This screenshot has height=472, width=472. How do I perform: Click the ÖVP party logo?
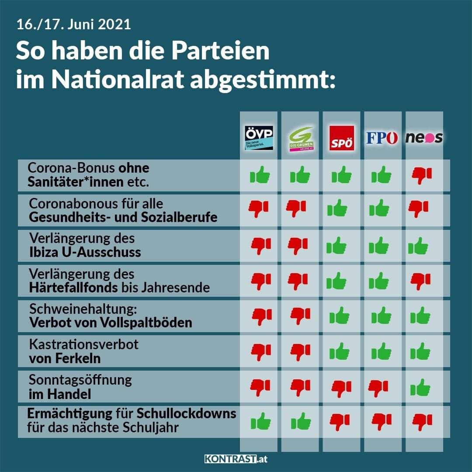[259, 138]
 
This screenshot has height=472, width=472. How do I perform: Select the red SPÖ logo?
[341, 138]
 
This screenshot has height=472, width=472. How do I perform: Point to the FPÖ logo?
[382, 138]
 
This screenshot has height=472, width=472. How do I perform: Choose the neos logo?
[424, 138]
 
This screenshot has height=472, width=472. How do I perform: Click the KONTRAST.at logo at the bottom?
[236, 459]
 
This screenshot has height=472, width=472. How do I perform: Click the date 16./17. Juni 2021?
[73, 24]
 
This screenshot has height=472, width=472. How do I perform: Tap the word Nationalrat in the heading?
[118, 80]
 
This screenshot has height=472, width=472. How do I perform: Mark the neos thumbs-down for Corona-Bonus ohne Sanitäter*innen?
[422, 175]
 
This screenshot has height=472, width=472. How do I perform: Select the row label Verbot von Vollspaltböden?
[111, 323]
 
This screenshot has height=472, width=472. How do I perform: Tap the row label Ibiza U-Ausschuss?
[85, 252]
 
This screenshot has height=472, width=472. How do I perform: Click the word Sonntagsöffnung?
[80, 379]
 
